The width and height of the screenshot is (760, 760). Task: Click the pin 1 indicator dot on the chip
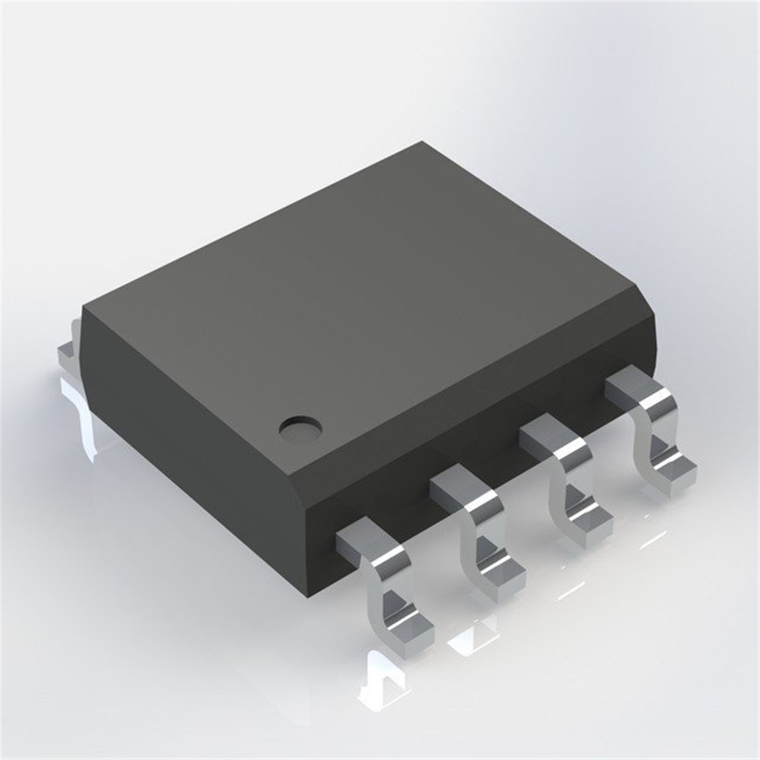299,428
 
